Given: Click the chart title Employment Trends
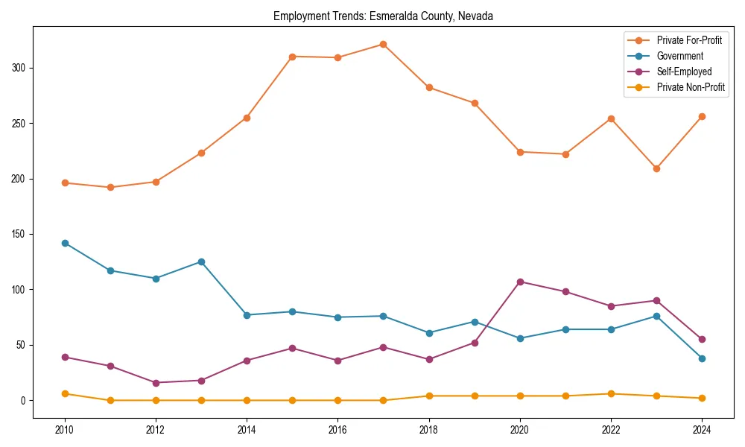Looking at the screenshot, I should (383, 16).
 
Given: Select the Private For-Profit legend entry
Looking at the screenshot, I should (689, 40).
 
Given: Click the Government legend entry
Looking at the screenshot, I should (679, 56).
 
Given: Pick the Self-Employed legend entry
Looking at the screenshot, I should (684, 72).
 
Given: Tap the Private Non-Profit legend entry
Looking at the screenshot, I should (691, 87).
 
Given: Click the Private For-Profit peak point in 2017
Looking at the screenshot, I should (383, 44).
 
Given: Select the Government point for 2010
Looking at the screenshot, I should (65, 243).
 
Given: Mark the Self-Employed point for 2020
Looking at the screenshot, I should (520, 282).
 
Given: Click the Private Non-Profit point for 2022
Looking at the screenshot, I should (611, 393).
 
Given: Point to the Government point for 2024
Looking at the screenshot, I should (702, 358).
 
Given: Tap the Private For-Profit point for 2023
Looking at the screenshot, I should (656, 168).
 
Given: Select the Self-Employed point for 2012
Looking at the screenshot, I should (156, 383).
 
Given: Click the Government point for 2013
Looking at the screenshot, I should (201, 261).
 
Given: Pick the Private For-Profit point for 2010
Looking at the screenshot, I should (65, 183).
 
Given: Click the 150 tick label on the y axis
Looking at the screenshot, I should (19, 234).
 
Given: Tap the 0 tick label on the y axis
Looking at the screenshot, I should (22, 401).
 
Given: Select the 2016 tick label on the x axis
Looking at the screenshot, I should (337, 430).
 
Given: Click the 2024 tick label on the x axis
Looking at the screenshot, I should (702, 430).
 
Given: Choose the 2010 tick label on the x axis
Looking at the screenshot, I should (65, 430).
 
